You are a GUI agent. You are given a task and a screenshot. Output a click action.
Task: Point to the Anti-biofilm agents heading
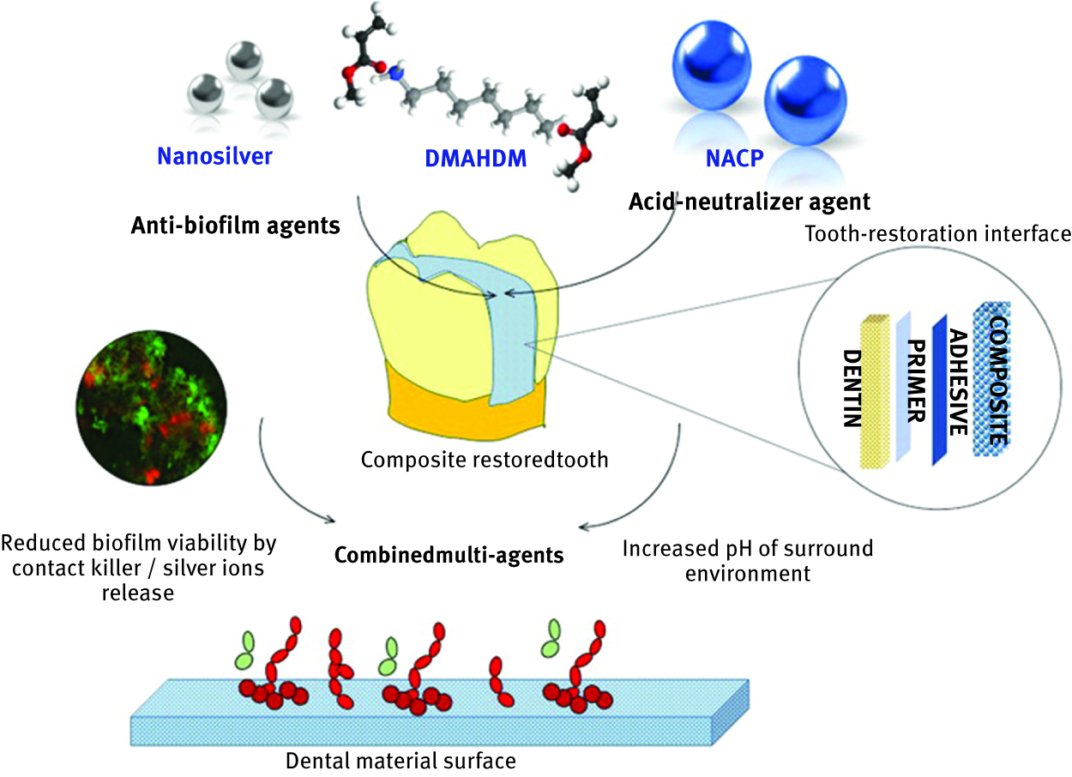coord(235,226)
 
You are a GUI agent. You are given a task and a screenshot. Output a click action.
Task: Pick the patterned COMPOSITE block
coord(989,382)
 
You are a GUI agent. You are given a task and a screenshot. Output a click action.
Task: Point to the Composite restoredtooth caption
coord(485,460)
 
